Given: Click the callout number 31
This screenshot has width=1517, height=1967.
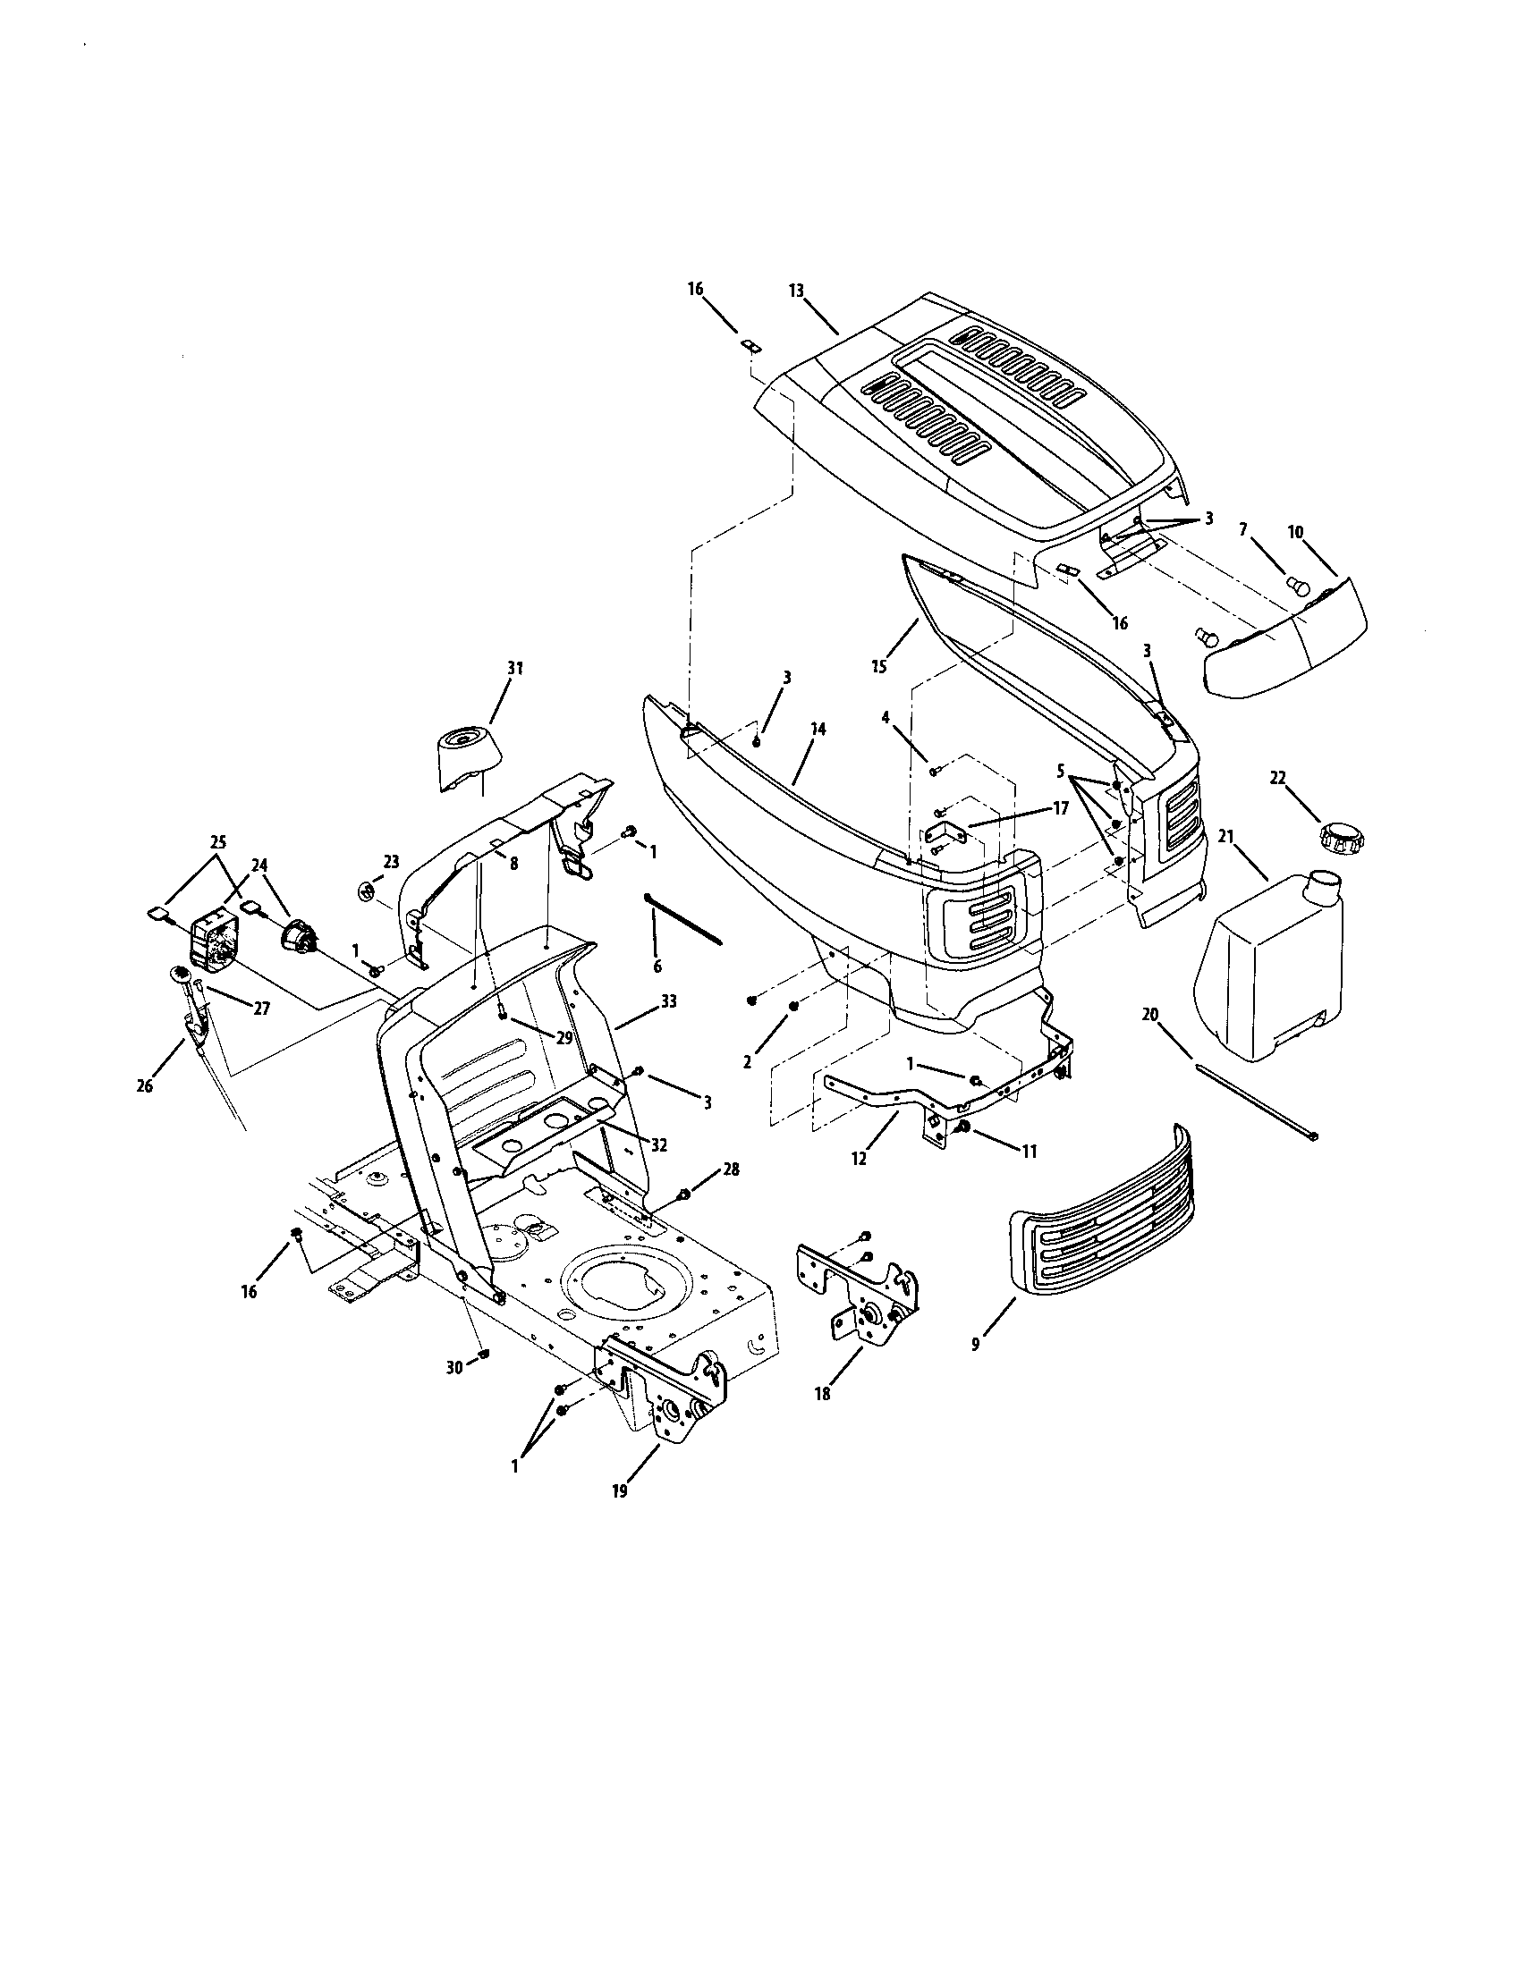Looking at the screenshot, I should point(514,668).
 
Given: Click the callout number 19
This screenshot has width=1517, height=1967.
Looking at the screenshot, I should point(618,1491).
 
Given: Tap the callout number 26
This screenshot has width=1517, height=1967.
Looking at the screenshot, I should point(144,1086).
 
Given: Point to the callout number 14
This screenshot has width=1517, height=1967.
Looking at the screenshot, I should point(817,729).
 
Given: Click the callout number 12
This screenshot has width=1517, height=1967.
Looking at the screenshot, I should point(859,1159).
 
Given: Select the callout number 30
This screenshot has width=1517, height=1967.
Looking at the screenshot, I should point(455,1368).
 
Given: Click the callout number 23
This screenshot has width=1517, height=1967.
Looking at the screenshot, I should point(391,861).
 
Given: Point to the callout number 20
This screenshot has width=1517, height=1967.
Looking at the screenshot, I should point(1150,1015).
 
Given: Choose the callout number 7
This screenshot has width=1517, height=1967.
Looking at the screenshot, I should point(1243,529).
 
